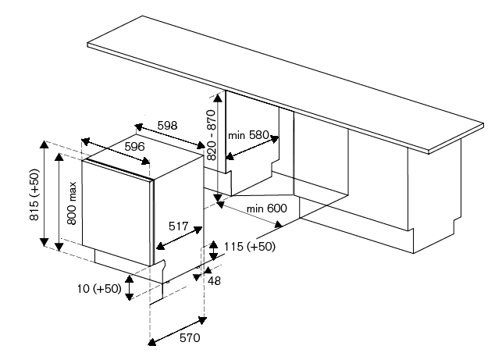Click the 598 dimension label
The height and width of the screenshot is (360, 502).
tap(167, 125)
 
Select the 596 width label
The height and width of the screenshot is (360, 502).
tap(134, 147)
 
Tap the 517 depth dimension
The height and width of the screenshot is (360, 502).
tap(178, 226)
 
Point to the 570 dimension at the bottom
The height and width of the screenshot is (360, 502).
tap(190, 337)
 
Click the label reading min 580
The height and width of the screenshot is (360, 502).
tap(248, 135)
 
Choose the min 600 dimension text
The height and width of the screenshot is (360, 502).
tap(267, 209)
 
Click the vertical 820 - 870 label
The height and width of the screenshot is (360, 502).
tap(212, 135)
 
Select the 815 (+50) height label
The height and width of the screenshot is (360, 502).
tap(34, 194)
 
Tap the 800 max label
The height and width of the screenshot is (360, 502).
tap(72, 203)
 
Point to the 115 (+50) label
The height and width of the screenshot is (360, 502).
tap(249, 247)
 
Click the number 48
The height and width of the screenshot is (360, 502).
tap(214, 280)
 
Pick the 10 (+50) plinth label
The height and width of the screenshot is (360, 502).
tap(99, 289)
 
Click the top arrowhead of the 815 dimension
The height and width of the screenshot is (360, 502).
tap(45, 144)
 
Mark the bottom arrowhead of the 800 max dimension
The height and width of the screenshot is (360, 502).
tap(59, 247)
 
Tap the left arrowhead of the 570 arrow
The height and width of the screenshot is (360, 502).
tap(151, 342)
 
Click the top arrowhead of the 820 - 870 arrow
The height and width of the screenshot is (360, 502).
tap(218, 98)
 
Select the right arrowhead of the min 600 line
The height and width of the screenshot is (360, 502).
tap(278, 224)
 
